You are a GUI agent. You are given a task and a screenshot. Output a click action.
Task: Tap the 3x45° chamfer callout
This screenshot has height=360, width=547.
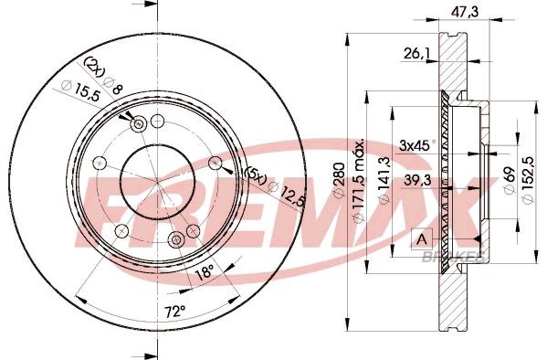coord(416,144)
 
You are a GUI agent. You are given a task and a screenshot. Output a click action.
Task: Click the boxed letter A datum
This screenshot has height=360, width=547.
coord(421,238)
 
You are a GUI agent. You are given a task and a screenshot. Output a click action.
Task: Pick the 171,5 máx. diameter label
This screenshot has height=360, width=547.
coord(363,177)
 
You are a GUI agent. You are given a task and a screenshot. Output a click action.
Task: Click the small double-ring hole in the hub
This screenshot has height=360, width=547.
coord(139,124)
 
